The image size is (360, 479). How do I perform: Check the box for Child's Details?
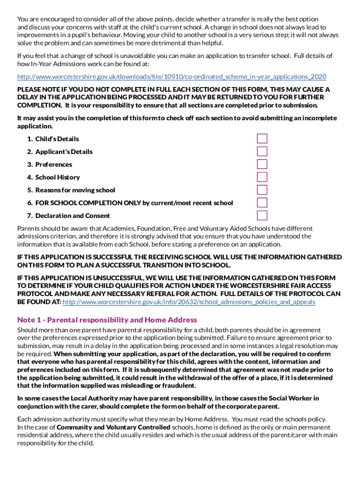[x=262, y=138]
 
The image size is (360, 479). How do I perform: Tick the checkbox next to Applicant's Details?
[x=262, y=151]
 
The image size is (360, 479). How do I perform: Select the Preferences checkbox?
[x=262, y=164]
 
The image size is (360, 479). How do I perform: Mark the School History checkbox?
[x=262, y=177]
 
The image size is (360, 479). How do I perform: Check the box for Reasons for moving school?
[x=262, y=190]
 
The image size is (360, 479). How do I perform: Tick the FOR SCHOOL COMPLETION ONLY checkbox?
[x=262, y=203]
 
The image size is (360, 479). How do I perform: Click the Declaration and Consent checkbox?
[x=262, y=215]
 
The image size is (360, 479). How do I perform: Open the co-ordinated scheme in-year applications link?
[x=172, y=77]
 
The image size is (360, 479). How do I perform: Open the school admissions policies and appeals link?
[x=188, y=302]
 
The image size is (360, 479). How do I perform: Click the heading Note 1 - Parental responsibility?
[x=107, y=320]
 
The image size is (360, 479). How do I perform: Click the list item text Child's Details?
[x=57, y=139]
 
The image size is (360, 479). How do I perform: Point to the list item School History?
[x=58, y=177]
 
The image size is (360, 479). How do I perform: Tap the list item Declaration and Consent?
[x=72, y=216]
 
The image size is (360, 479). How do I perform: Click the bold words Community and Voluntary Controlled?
[x=113, y=428]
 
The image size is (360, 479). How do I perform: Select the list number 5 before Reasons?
[x=29, y=190]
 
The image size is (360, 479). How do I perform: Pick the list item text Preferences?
[x=54, y=165]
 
